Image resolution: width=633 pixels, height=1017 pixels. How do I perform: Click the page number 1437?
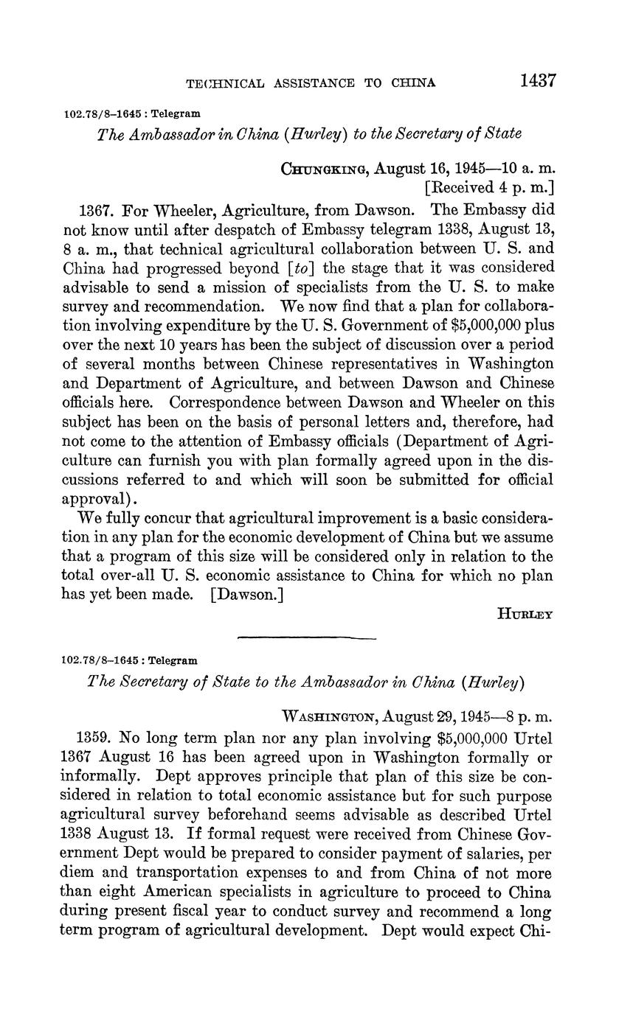[x=537, y=80]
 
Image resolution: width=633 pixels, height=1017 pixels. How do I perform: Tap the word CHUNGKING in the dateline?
[x=325, y=169]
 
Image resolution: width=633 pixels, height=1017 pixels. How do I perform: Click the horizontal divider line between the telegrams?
[x=307, y=637]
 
